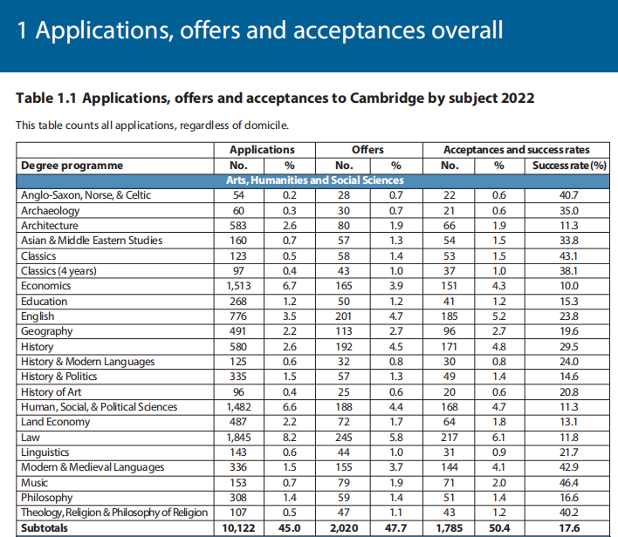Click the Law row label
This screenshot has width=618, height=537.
coord(31,437)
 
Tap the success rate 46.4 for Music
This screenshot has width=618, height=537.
coord(570,482)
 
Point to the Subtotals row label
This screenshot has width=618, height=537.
coord(45,528)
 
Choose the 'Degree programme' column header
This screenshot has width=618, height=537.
coord(72,166)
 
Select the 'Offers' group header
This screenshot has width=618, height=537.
coord(367,150)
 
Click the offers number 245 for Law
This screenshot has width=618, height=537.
coord(344,437)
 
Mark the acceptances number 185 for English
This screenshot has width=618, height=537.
coord(450,316)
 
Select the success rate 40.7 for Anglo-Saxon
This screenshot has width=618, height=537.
coord(570,195)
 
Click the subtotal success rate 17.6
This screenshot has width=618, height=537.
coord(570,528)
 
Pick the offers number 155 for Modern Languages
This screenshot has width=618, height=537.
coord(344,467)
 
